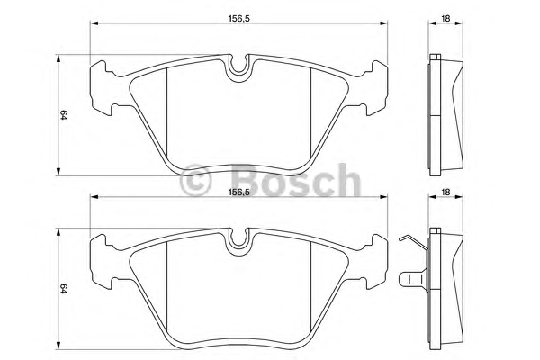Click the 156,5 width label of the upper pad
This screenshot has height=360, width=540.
coord(238,19)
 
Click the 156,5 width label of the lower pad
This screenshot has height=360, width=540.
coord(238,193)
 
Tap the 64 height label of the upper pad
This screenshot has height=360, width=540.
coord(63,114)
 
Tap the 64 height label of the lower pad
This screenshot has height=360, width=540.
coord(63,288)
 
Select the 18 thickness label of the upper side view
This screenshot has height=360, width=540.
coord(445,19)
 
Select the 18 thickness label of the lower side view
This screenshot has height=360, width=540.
coord(445,193)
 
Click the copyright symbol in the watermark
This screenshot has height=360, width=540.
coord(195,180)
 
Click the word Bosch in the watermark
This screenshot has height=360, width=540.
coord(296,180)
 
